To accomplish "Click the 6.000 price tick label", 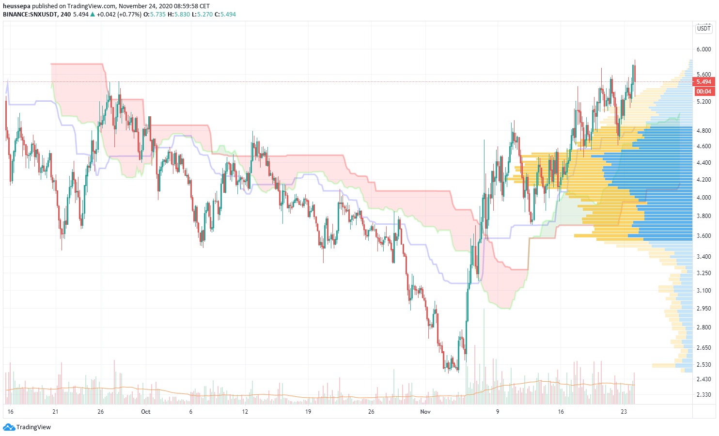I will (x=703, y=49).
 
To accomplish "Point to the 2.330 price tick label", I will (x=703, y=395).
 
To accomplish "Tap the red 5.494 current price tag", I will (x=703, y=82).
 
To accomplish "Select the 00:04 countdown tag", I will (x=703, y=92).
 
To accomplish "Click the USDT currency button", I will (x=703, y=29).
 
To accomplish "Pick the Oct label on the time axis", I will (x=145, y=412).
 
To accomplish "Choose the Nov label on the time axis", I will (x=425, y=412).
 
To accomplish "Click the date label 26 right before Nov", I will (x=371, y=412).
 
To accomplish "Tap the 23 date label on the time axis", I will (x=624, y=412).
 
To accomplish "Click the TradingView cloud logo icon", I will (x=9, y=427).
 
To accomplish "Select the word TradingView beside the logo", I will (x=33, y=427).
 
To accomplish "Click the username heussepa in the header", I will (x=16, y=6).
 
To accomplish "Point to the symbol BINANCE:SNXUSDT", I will (x=30, y=15).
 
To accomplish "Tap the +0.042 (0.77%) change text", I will (x=119, y=15).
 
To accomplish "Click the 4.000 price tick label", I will (x=703, y=198).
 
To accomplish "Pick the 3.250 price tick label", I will (x=703, y=273).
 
